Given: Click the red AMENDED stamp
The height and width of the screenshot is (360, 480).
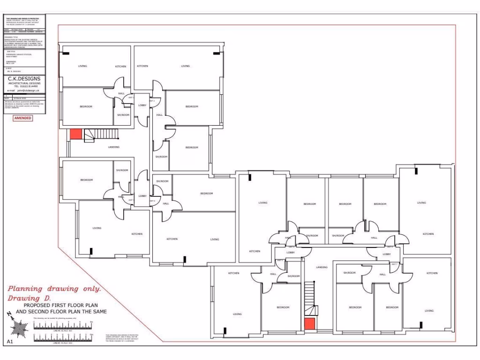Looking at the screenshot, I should (23, 118).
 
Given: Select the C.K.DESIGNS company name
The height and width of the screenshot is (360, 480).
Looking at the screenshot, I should (24, 78).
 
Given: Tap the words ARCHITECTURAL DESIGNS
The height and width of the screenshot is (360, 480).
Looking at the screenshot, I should (24, 83).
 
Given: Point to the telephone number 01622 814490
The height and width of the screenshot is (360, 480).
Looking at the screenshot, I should (26, 87).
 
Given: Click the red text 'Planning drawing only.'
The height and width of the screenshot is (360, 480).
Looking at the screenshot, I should (54, 289).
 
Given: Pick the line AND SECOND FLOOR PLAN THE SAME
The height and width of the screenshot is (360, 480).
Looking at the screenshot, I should (61, 312).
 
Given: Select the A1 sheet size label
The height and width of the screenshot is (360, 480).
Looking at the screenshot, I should (10, 341).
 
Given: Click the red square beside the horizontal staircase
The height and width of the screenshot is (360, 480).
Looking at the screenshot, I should (76, 134).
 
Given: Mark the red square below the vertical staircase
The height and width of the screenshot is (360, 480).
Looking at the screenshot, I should (309, 323).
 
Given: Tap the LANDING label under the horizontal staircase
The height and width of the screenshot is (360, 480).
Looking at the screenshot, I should (113, 147).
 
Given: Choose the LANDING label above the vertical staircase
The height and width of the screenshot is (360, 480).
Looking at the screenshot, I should (322, 267).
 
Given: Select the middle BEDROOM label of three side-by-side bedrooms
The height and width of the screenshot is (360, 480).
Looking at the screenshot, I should (345, 204).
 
